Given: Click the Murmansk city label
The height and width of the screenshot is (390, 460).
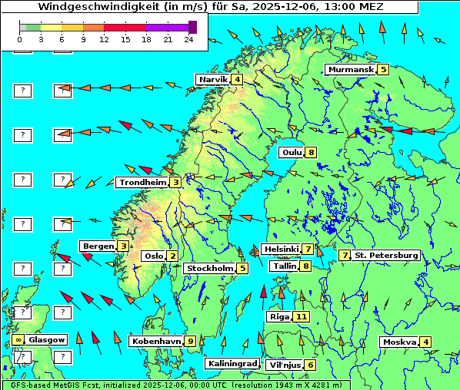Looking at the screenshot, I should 351,70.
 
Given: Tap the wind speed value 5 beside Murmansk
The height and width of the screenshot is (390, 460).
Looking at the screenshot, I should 382,70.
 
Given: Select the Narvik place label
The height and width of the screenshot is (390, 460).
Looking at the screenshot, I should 213,80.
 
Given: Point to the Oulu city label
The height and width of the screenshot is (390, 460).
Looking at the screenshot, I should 292,152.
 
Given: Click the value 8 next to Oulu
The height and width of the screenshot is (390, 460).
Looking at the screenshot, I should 311,152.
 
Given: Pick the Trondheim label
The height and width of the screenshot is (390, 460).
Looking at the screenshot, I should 142,183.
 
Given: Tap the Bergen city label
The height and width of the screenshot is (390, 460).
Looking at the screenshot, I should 98,246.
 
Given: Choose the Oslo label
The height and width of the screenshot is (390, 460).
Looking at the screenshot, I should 154,256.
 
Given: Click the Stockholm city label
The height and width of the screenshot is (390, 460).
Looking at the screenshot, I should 209,269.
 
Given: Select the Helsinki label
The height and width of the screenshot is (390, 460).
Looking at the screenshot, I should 281,250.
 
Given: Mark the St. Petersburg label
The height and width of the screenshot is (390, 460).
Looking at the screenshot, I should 385,255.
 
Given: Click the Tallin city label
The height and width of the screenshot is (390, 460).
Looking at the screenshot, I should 285,266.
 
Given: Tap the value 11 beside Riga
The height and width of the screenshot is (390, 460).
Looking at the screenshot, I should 301,316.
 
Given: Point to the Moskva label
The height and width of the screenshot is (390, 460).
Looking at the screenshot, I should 399,342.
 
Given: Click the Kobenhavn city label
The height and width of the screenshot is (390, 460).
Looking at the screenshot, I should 156,341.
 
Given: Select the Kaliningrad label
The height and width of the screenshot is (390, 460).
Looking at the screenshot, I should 232,364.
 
